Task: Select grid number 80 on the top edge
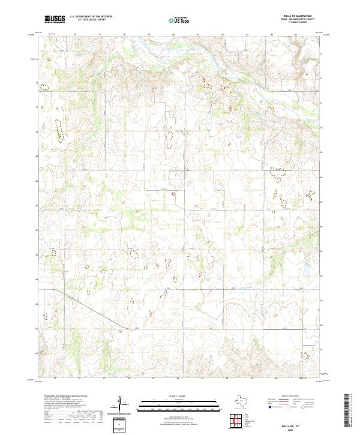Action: (x=173, y=34)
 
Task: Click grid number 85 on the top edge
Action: (x=296, y=34)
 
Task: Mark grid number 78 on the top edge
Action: (x=124, y=34)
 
